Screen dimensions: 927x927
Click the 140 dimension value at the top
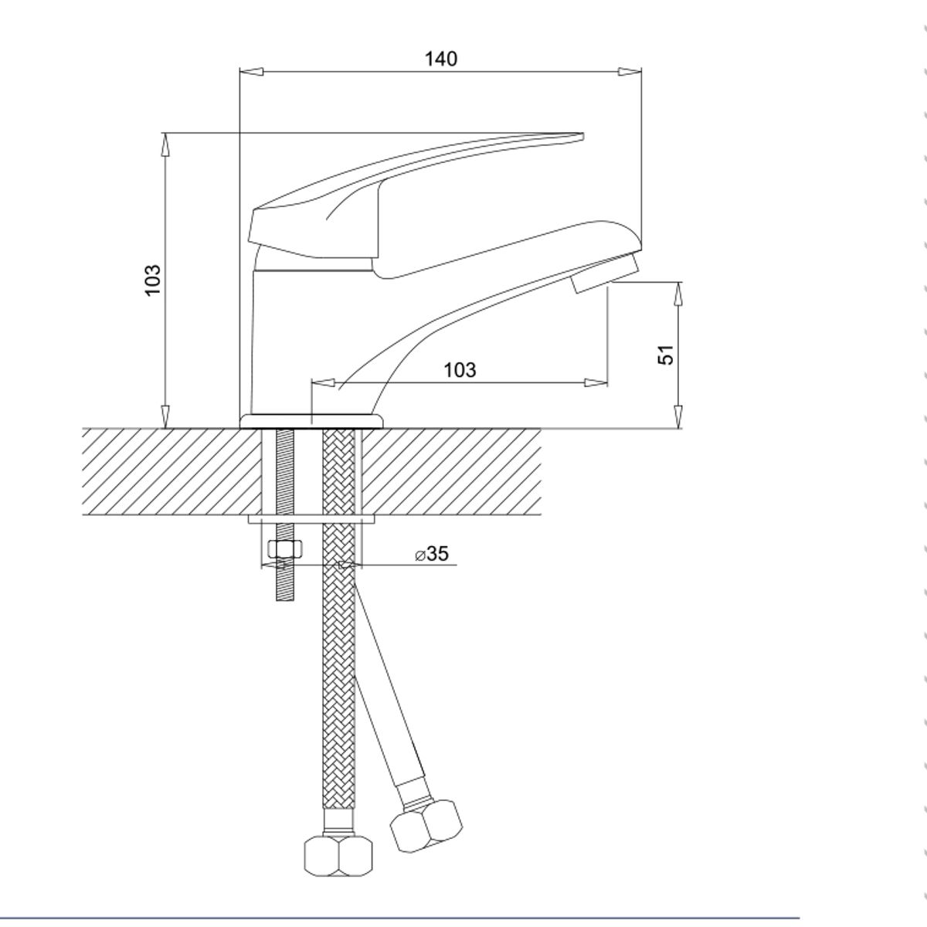click(x=441, y=59)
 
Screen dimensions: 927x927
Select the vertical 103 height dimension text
click(x=153, y=280)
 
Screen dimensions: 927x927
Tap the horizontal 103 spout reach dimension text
click(x=460, y=370)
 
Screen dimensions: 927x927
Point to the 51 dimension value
click(x=666, y=355)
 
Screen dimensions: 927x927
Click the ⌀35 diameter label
click(x=432, y=554)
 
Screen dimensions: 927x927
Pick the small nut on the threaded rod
click(x=284, y=549)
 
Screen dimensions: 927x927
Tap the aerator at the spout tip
click(x=607, y=274)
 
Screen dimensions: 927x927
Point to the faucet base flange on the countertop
click(x=311, y=421)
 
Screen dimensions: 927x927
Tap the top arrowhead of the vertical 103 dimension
click(x=165, y=143)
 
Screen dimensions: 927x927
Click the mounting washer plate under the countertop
click(x=311, y=520)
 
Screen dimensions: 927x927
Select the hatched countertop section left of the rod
click(x=170, y=471)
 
